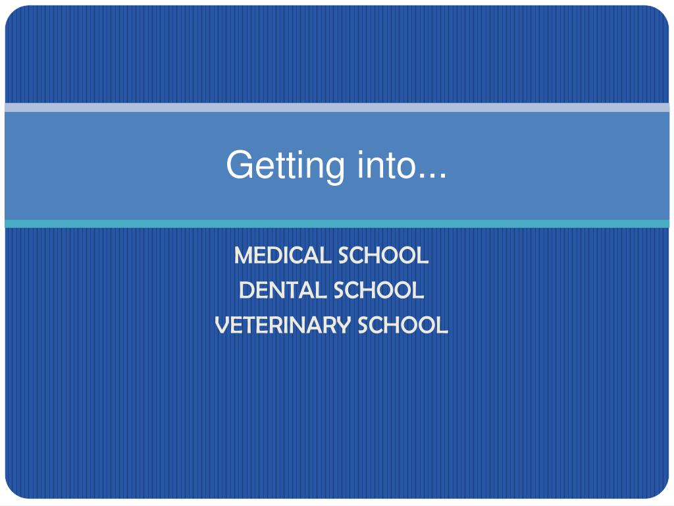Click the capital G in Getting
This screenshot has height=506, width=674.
[239, 164]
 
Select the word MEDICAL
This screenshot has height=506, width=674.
[282, 256]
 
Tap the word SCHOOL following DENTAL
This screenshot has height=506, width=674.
[378, 290]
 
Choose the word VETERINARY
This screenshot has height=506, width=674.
[282, 325]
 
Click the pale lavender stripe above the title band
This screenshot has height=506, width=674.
[337, 107]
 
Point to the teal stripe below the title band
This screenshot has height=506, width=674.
[337, 224]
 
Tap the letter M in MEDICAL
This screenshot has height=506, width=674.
[244, 256]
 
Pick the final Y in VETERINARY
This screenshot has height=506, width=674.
[342, 325]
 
